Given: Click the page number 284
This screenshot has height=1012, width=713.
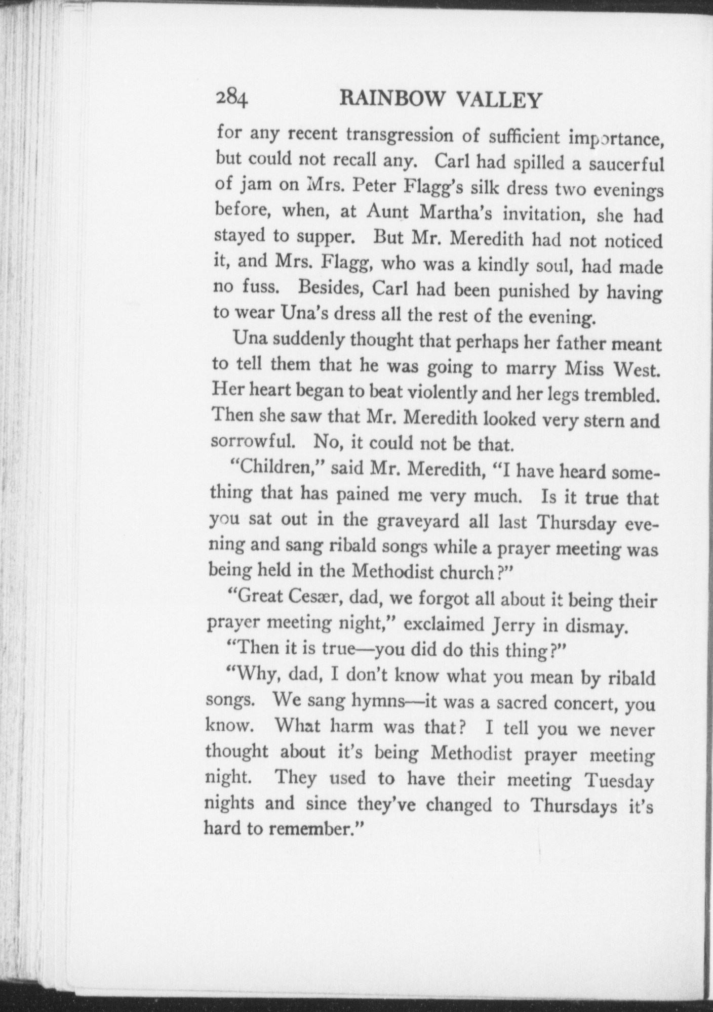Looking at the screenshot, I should (231, 98).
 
